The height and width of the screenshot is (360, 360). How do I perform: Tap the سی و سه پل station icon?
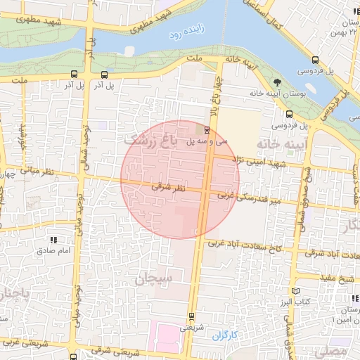pos(207,129)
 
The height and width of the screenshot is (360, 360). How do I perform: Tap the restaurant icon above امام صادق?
pos(53,240)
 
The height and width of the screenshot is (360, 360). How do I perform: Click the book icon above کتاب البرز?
pos(295,290)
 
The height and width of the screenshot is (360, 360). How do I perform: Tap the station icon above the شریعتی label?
pos(191,316)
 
